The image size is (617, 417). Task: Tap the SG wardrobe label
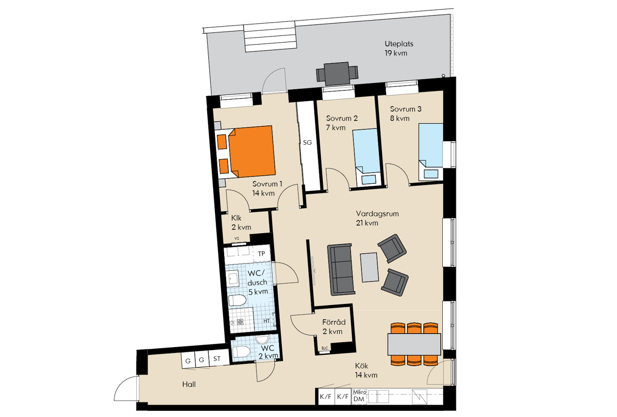coord(307,142)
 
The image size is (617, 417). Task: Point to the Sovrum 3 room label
coord(406,113)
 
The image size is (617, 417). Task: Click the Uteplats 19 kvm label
coord(399,48)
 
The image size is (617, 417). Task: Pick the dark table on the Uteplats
coord(337,74)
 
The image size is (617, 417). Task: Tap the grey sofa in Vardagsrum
coord(340,270)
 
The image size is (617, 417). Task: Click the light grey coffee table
coord(369,267)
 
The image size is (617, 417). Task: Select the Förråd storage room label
coord(334,327)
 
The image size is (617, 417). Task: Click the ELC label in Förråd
coord(325,348)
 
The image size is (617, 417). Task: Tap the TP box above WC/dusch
coord(261,254)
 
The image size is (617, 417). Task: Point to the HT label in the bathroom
coord(266,321)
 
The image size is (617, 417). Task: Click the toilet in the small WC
coord(241,351)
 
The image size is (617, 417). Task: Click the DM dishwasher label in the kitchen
coord(359,399)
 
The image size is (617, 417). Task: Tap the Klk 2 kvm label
coord(241,222)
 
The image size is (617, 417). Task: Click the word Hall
coord(189,384)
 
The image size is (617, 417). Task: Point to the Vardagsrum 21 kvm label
coord(377,218)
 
